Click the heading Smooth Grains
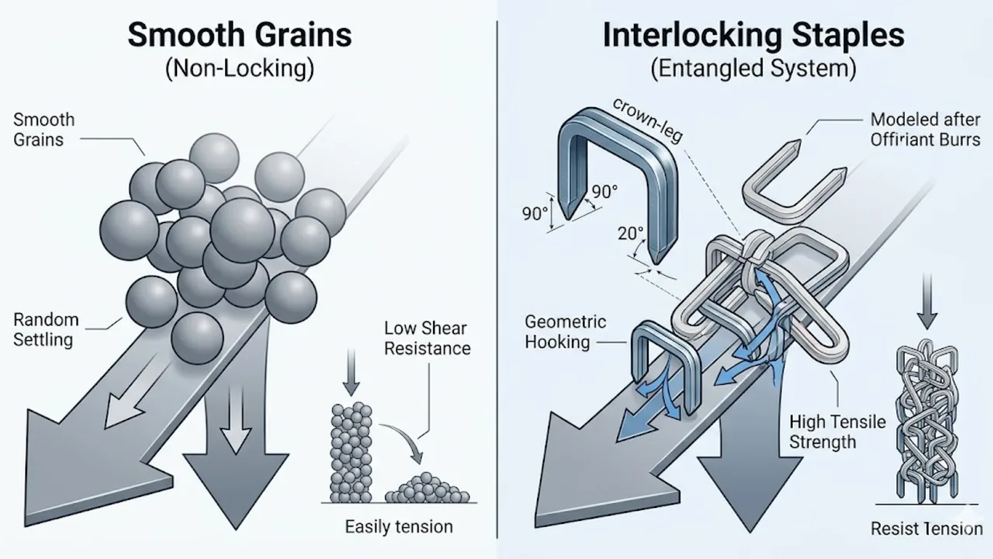click(x=239, y=35)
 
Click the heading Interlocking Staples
click(x=753, y=35)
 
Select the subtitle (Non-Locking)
click(x=239, y=69)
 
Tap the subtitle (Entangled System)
click(x=753, y=69)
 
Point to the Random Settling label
click(x=46, y=329)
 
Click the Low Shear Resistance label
click(x=427, y=338)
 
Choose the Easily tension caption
click(x=398, y=526)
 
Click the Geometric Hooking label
click(x=565, y=332)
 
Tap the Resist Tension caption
click(x=926, y=529)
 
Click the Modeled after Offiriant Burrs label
click(x=925, y=130)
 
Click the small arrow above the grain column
click(x=351, y=373)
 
